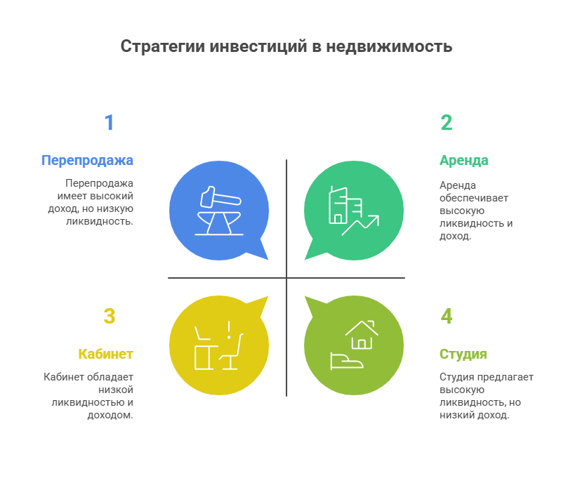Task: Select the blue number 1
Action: click(109, 123)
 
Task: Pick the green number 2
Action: click(446, 123)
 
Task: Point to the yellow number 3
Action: click(109, 317)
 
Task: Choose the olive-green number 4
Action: click(446, 317)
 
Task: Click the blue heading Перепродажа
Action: click(87, 160)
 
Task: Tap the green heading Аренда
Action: click(463, 160)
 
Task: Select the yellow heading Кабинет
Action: click(105, 354)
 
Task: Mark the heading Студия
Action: click(463, 354)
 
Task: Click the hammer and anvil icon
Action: click(218, 211)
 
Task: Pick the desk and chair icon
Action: click(218, 345)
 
